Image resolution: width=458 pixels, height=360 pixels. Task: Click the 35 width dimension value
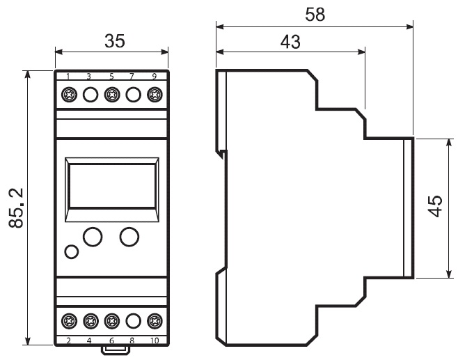tap(115, 41)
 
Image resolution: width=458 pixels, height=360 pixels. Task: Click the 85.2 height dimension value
tap(16, 208)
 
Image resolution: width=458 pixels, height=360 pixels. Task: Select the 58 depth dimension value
tap(315, 15)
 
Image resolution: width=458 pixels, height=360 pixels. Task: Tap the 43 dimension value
tap(290, 42)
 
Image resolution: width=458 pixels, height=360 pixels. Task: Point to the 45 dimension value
tap(435, 206)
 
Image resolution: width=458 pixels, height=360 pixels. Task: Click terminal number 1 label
tap(68, 77)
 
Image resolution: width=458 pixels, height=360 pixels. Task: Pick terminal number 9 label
tap(155, 77)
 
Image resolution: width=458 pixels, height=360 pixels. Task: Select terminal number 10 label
tap(155, 341)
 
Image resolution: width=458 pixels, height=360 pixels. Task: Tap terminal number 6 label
tap(111, 341)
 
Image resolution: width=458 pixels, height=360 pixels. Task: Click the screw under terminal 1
tap(69, 95)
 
